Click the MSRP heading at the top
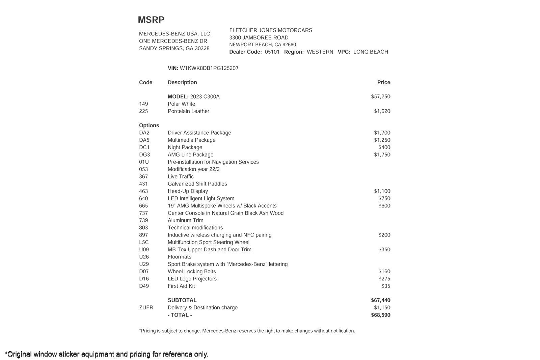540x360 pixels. coord(151,20)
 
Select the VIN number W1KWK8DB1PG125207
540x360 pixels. coord(209,68)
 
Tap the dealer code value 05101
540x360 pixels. coord(272,52)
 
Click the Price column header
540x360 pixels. coord(383,82)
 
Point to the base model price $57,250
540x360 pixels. coord(380,96)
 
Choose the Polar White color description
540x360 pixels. coord(181,104)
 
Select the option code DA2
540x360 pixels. coord(144,133)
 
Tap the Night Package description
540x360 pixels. coord(185,147)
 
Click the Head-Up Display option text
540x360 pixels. coord(188,191)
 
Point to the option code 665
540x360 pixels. coord(143,206)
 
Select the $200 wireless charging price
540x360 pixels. coord(384,235)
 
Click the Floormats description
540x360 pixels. coord(179,257)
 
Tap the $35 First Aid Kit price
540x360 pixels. coord(385,286)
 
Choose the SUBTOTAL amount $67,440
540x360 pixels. coord(380,300)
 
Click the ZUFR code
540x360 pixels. coord(146,308)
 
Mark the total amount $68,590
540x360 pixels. coord(380,315)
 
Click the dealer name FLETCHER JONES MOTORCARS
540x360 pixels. coord(271,30)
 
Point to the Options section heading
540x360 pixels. coord(149,126)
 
